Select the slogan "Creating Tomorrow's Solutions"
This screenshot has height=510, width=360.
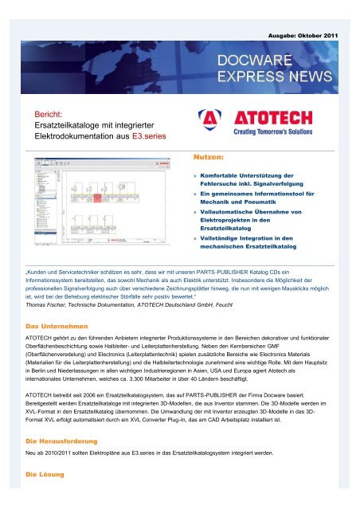tap(276, 132)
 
